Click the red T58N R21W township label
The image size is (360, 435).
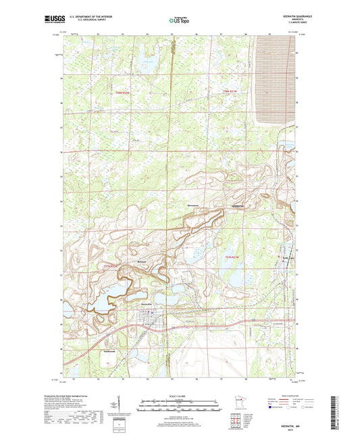pos(232,91)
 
